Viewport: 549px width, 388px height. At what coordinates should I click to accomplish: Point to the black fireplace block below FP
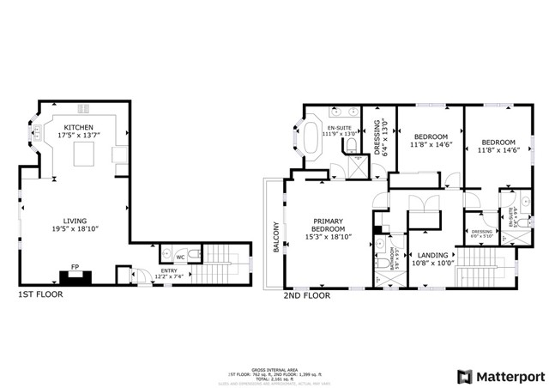click(x=75, y=278)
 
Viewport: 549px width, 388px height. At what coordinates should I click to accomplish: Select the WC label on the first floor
click(x=180, y=256)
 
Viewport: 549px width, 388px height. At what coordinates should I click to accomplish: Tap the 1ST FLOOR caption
click(x=40, y=294)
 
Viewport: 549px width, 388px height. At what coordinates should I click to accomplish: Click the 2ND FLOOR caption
click(x=306, y=294)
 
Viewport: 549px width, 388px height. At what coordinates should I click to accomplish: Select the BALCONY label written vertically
click(x=276, y=237)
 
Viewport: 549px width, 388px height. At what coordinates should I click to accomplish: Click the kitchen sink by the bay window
click(x=39, y=134)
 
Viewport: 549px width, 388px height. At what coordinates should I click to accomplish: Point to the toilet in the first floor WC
click(x=195, y=256)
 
